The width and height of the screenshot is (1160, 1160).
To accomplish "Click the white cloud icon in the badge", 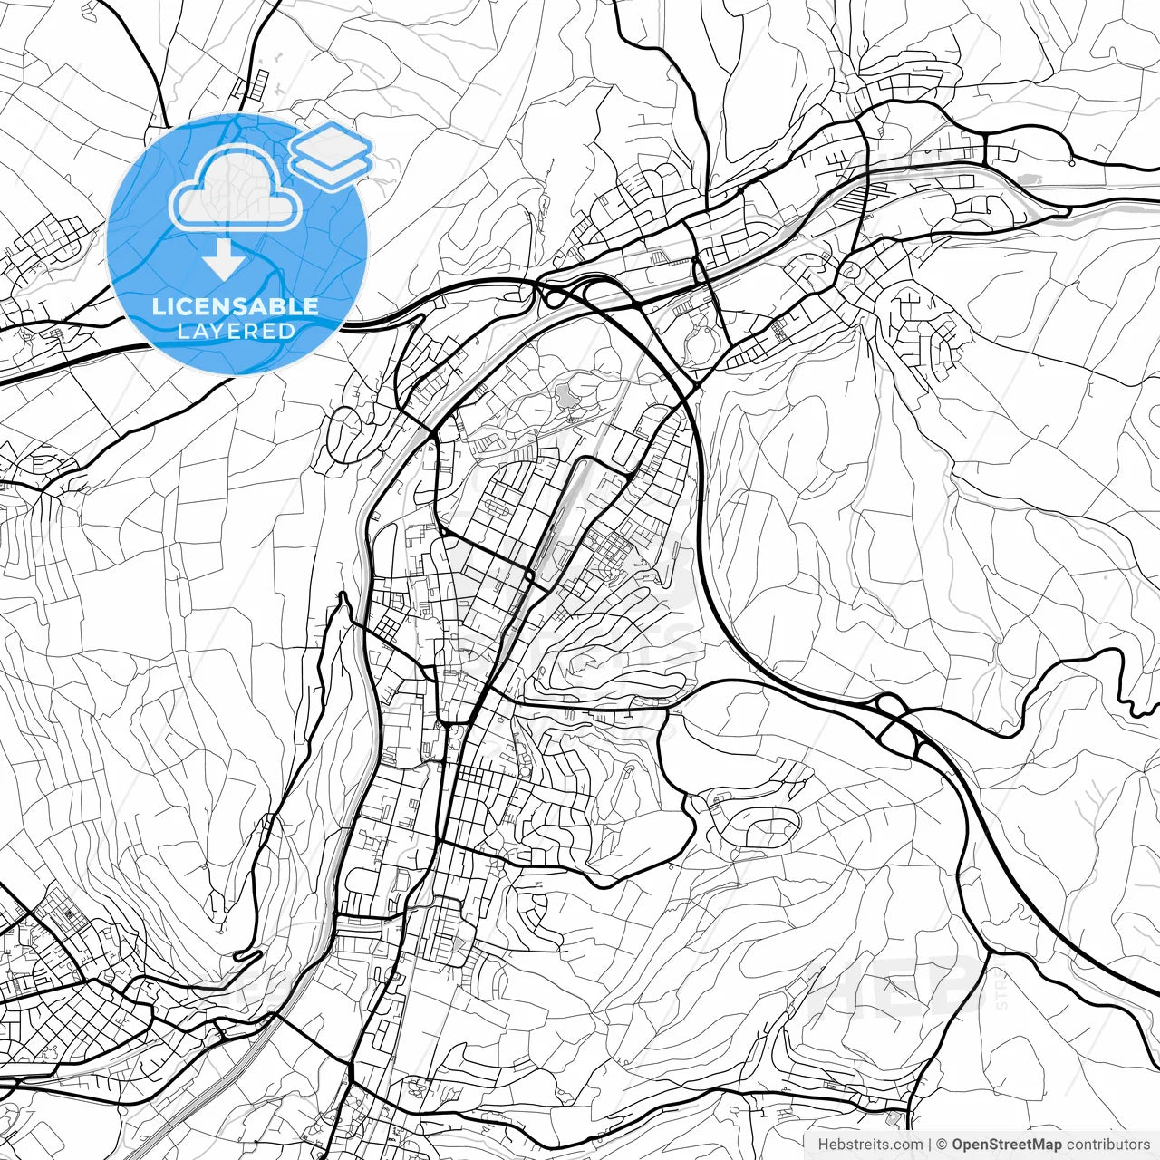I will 236,188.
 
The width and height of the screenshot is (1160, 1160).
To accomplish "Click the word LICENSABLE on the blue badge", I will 236,306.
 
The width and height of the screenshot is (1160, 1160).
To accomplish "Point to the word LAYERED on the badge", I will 236,331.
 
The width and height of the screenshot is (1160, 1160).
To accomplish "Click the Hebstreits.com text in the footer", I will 870,1145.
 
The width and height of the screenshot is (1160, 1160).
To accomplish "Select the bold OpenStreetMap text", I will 1006,1145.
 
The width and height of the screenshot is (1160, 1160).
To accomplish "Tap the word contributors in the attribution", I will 1107,1145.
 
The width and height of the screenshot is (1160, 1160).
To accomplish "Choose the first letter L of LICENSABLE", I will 157,306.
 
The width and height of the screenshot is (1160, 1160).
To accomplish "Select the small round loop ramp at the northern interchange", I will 552,295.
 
